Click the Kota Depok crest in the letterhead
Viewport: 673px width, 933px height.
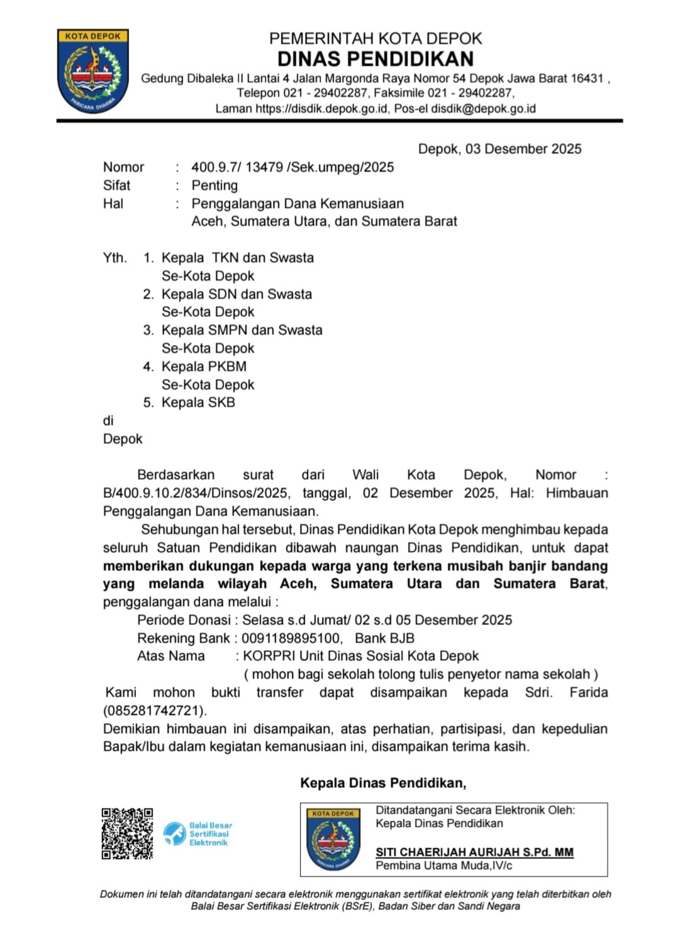(92, 70)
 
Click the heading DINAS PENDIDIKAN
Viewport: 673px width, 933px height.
(375, 59)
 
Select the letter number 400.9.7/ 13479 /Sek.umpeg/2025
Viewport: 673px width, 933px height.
(292, 167)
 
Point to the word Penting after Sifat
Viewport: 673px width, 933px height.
(214, 186)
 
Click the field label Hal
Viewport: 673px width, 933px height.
(113, 204)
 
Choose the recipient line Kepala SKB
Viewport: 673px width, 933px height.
(198, 403)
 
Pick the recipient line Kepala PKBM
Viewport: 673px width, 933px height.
(204, 366)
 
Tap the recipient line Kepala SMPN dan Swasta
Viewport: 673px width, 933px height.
(242, 330)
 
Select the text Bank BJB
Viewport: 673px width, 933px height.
(384, 638)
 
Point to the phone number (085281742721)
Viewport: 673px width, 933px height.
(155, 711)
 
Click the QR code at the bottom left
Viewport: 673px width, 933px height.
(128, 834)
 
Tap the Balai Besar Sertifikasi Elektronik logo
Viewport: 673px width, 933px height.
(197, 834)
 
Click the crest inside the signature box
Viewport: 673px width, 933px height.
(333, 839)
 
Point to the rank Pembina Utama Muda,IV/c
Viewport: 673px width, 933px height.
(444, 866)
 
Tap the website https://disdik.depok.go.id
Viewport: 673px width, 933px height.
(321, 108)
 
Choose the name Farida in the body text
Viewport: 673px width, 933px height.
(589, 693)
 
